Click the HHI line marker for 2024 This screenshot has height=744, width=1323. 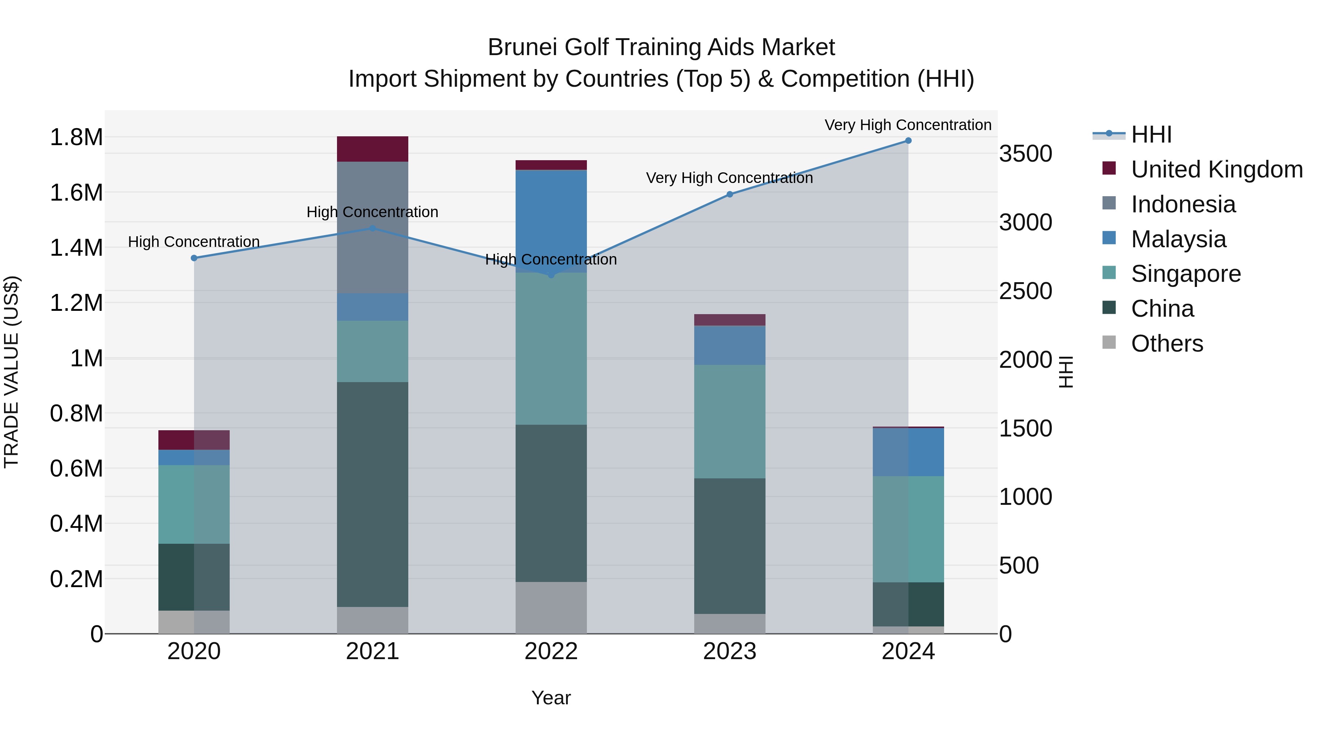pos(908,141)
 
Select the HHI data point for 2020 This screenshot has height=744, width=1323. pos(194,258)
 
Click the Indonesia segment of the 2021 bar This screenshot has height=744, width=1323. pos(372,227)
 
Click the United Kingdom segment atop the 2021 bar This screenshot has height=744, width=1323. pos(372,149)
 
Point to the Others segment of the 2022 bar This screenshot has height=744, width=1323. pos(551,607)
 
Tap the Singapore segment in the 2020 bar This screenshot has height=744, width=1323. pos(194,504)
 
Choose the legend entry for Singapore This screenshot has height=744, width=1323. pos(1185,274)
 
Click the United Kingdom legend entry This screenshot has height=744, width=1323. pos(1216,169)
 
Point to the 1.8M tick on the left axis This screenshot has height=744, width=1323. pos(76,138)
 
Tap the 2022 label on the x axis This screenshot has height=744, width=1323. pos(551,651)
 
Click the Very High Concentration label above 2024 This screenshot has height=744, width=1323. pos(908,125)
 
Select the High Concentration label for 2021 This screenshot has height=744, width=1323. pos(372,212)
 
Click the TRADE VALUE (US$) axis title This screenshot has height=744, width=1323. pos(12,372)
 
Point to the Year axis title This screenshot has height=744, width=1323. pos(551,698)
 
